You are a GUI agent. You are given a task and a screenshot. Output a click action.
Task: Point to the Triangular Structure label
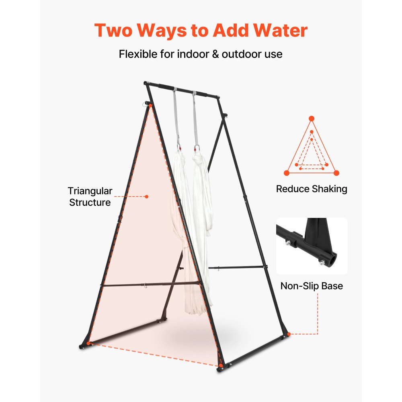pos(90,197)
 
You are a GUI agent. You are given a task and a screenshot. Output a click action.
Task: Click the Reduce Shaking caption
pos(312,189)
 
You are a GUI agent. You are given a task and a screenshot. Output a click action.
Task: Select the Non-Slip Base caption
pos(312,286)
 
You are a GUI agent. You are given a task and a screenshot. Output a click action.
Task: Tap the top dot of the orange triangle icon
pos(312,118)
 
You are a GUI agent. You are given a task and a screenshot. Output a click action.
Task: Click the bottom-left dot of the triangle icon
pos(287,173)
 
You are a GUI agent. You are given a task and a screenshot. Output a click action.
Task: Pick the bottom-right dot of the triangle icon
pos(336,173)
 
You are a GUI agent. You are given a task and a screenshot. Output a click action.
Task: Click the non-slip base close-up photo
pos(312,246)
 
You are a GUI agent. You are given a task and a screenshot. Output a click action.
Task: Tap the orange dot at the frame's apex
pos(150,105)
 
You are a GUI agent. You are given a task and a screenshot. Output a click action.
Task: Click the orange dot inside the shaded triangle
pos(147,197)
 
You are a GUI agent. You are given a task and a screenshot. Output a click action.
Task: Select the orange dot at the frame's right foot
pos(289,334)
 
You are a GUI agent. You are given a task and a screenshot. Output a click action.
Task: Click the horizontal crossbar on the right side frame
pos(237,267)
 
